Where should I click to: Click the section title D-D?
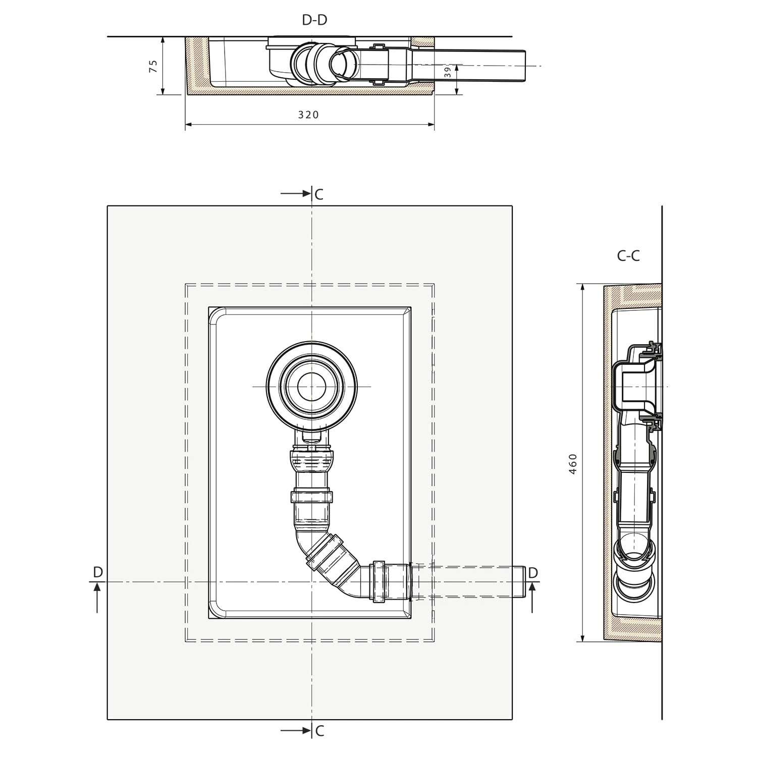tap(314, 20)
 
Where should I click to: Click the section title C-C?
tap(628, 256)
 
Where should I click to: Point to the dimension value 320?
tap(308, 115)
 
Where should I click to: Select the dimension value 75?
tap(153, 66)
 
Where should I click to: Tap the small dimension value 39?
tap(447, 72)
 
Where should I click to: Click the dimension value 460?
tap(572, 463)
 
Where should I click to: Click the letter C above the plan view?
tap(319, 194)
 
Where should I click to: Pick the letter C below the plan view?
tap(319, 731)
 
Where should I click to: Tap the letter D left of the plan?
tap(98, 572)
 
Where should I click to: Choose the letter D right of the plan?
tap(533, 573)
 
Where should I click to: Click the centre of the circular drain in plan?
tap(312, 387)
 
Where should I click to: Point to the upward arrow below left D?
tap(97, 597)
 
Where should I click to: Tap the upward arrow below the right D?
tap(532, 597)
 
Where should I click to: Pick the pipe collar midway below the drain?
tap(311, 497)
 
